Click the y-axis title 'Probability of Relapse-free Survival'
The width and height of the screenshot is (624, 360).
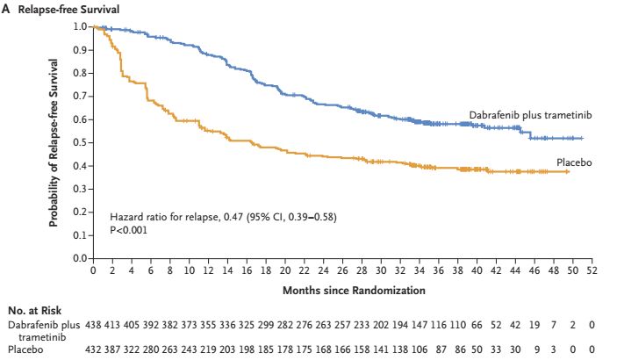click(x=54, y=142)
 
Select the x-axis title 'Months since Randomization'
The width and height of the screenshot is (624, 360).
click(x=341, y=289)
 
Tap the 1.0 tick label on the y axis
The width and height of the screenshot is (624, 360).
click(x=81, y=26)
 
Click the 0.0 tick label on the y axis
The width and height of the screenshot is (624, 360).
click(x=81, y=259)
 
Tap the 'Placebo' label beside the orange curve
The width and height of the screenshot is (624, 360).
click(x=573, y=162)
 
